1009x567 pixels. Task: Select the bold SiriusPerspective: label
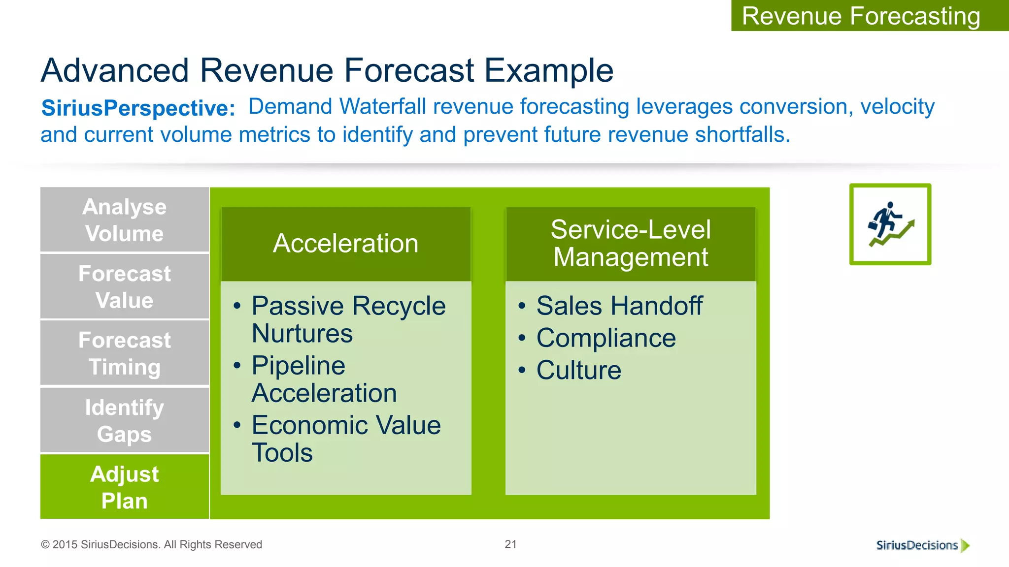(x=138, y=108)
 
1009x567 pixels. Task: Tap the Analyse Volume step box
(x=125, y=220)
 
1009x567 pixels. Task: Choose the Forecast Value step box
(x=125, y=286)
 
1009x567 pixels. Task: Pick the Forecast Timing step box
(x=125, y=353)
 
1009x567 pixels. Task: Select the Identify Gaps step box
(x=125, y=420)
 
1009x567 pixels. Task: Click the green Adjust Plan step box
(x=125, y=487)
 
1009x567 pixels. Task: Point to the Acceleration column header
(x=346, y=243)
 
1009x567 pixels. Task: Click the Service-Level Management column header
(x=631, y=243)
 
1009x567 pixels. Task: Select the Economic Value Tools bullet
(x=346, y=438)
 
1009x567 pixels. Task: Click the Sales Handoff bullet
(x=619, y=306)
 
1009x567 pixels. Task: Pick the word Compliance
(x=606, y=338)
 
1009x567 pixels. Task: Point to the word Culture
(x=579, y=370)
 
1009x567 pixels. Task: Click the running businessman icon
(x=890, y=224)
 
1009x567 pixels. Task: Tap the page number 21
(x=510, y=544)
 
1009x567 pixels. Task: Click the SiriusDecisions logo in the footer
(x=922, y=545)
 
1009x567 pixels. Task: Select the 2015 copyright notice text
(x=152, y=544)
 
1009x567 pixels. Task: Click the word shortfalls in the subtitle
(x=742, y=134)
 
